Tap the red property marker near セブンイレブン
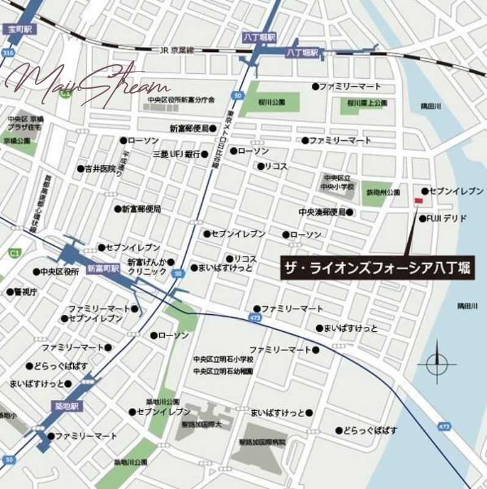point(419,201)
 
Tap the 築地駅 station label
point(66,406)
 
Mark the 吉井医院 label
point(100,168)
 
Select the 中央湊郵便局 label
point(322,212)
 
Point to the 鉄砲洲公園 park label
point(383,192)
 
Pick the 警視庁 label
point(26,292)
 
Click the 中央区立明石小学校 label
point(223,360)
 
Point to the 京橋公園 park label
point(16,140)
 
